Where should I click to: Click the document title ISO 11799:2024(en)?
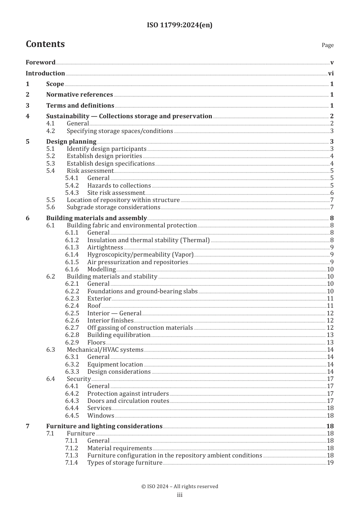pyautogui.click(x=180, y=25)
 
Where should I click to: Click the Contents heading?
pyautogui.click(x=45, y=44)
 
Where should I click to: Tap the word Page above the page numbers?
pyautogui.click(x=327, y=45)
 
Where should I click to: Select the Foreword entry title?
pyautogui.click(x=41, y=62)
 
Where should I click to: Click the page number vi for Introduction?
pyautogui.click(x=331, y=73)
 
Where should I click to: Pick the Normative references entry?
pyautogui.click(x=80, y=94)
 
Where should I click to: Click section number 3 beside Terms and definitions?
pyautogui.click(x=27, y=105)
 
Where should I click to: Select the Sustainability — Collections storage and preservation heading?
pyautogui.click(x=129, y=116)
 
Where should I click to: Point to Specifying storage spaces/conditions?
pyautogui.click(x=120, y=131)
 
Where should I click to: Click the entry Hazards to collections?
pyautogui.click(x=119, y=185)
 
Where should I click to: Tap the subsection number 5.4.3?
pyautogui.click(x=72, y=193)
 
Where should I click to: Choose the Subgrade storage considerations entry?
pyautogui.click(x=113, y=207)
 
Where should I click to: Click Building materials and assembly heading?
pyautogui.click(x=96, y=218)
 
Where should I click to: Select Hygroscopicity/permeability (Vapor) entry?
pyautogui.click(x=140, y=254)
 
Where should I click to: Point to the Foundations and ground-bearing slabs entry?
pyautogui.click(x=142, y=291)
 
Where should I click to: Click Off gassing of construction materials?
pyautogui.click(x=140, y=327)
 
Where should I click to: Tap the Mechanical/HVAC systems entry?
pyautogui.click(x=105, y=349)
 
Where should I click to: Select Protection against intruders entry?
pyautogui.click(x=128, y=393)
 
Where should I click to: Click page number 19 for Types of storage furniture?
pyautogui.click(x=330, y=462)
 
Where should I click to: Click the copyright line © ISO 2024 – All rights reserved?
pyautogui.click(x=180, y=486)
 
